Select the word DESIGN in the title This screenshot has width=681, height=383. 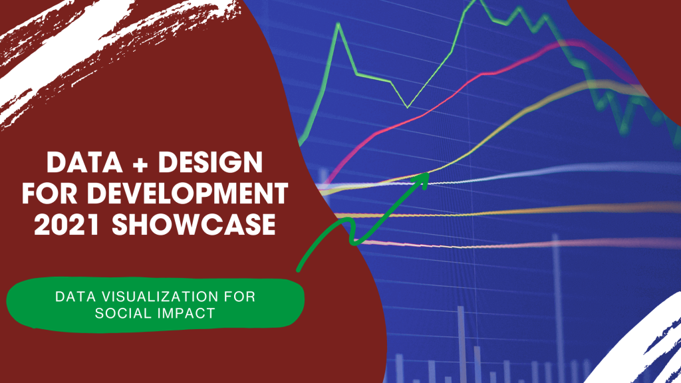tap(210, 162)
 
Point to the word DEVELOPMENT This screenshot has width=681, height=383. tap(188, 193)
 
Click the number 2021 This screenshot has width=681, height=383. tap(68, 225)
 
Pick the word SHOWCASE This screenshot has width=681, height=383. tap(194, 225)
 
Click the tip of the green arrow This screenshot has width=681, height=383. tap(429, 174)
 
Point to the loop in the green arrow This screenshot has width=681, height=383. tap(352, 232)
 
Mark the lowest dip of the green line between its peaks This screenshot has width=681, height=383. tap(408, 107)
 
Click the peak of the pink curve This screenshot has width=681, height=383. tap(573, 43)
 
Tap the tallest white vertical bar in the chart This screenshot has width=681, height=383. tap(555, 304)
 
